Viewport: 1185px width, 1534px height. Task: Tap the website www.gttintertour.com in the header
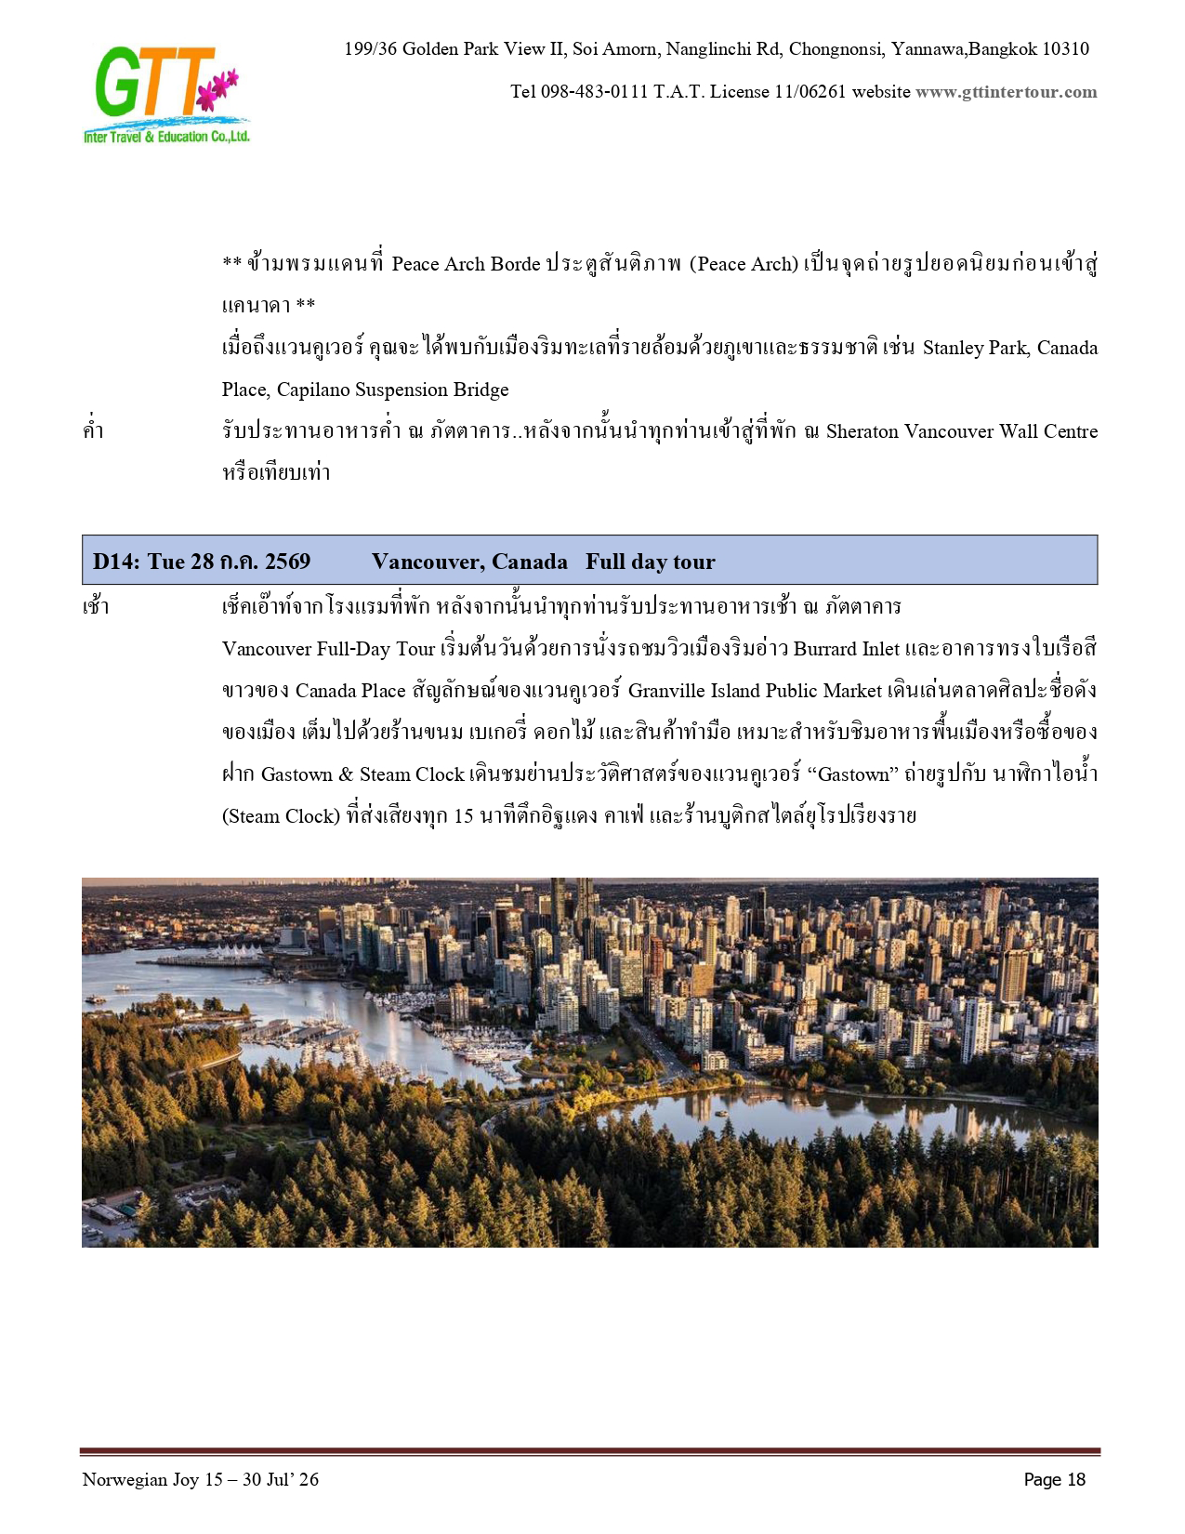(1006, 92)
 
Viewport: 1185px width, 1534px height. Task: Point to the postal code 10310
(1065, 49)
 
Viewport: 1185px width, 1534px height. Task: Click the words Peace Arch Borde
(466, 264)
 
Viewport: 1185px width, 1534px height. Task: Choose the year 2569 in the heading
(287, 562)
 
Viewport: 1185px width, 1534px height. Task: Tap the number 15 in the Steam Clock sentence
(464, 816)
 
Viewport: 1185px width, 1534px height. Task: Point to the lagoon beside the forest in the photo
(836, 1112)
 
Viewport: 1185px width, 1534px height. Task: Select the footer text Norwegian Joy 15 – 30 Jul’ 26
(200, 1479)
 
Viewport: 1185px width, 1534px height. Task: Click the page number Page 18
(1054, 1479)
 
